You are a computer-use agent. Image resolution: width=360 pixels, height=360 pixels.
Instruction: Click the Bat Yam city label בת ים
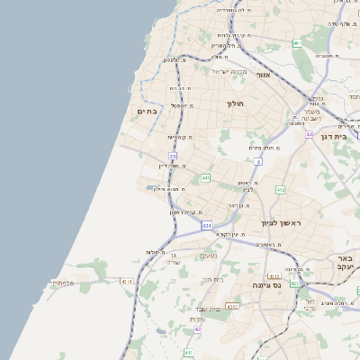[148, 112]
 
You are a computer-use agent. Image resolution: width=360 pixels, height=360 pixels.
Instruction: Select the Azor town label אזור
[263, 75]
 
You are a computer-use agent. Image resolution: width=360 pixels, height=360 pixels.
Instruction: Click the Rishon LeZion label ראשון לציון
[279, 222]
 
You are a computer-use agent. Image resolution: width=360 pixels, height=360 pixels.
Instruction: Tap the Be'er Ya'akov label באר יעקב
[346, 261]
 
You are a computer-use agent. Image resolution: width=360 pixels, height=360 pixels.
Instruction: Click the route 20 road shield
[173, 157]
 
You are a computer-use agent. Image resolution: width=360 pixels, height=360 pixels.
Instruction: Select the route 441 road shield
[206, 178]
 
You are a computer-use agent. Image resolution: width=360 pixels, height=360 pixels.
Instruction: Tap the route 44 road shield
[309, 134]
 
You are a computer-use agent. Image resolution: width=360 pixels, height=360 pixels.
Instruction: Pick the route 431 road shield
[207, 225]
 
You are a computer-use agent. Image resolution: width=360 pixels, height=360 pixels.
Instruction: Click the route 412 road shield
[280, 190]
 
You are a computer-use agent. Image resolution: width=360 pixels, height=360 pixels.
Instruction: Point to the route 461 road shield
[296, 43]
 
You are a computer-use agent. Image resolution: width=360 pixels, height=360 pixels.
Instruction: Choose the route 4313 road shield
[232, 307]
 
